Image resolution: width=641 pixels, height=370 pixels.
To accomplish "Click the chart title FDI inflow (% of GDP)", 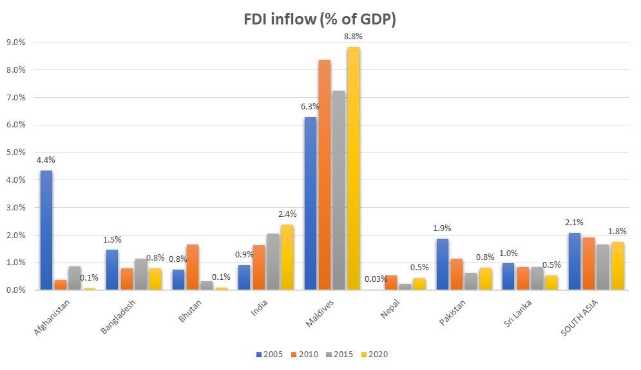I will tap(320, 20).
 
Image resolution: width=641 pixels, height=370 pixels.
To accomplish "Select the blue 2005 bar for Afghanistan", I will tap(46, 230).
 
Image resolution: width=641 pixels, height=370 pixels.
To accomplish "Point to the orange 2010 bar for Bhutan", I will tap(192, 267).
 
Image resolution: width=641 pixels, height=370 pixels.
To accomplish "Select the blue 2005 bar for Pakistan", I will tap(443, 264).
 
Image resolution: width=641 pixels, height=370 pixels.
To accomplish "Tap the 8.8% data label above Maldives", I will tap(354, 37).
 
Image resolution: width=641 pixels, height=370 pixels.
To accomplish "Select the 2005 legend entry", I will tap(269, 354).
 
